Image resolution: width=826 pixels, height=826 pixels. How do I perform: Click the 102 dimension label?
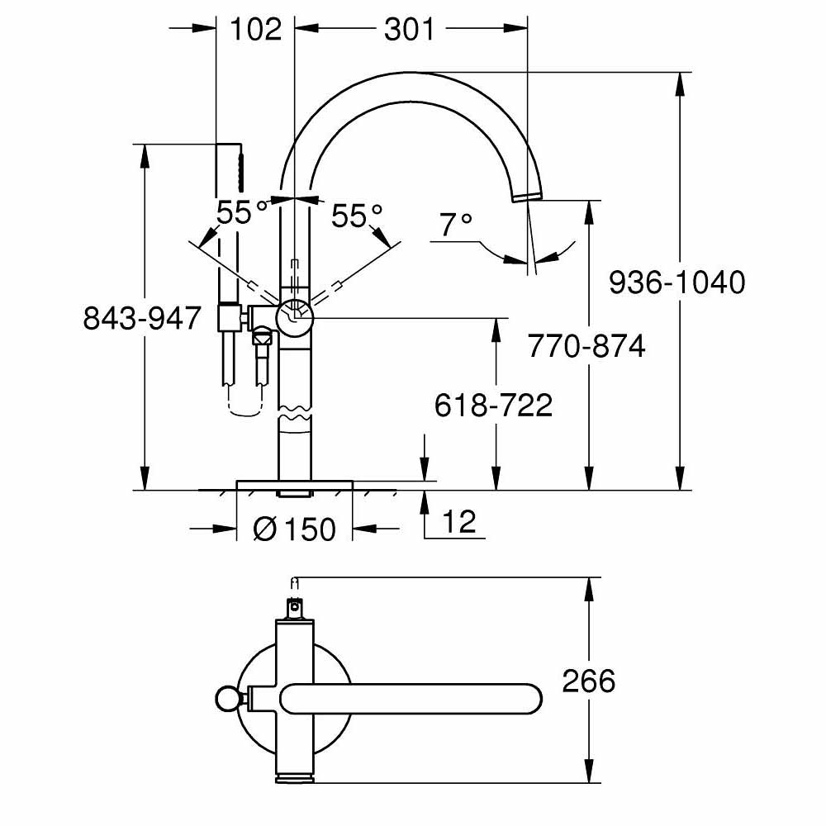click(255, 30)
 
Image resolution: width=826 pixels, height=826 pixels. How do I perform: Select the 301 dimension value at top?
click(409, 30)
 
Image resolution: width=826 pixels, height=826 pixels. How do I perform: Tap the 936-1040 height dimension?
click(676, 283)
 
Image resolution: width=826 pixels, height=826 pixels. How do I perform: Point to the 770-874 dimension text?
click(586, 346)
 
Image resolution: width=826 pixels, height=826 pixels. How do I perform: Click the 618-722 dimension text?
click(494, 405)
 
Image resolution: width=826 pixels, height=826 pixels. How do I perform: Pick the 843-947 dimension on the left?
click(142, 318)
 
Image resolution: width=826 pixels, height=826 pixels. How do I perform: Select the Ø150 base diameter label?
click(295, 529)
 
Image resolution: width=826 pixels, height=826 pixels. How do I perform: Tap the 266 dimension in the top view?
click(589, 681)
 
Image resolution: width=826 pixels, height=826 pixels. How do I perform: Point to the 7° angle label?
click(455, 225)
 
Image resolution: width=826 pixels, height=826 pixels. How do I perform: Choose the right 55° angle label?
click(357, 216)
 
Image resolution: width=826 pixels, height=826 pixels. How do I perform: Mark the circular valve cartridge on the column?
click(295, 315)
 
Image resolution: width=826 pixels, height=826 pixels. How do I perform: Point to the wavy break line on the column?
click(295, 413)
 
